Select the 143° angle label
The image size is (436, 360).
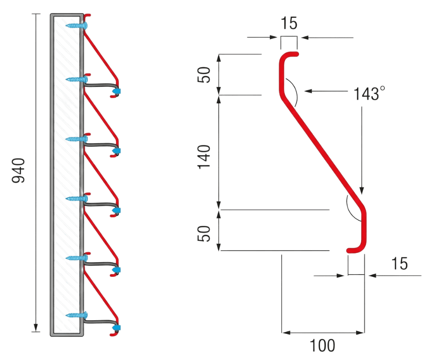367,94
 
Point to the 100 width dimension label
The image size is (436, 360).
323,346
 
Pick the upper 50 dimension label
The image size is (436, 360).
204,74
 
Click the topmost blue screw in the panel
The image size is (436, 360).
75,24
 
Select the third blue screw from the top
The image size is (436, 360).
75,139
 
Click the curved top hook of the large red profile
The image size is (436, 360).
286,57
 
